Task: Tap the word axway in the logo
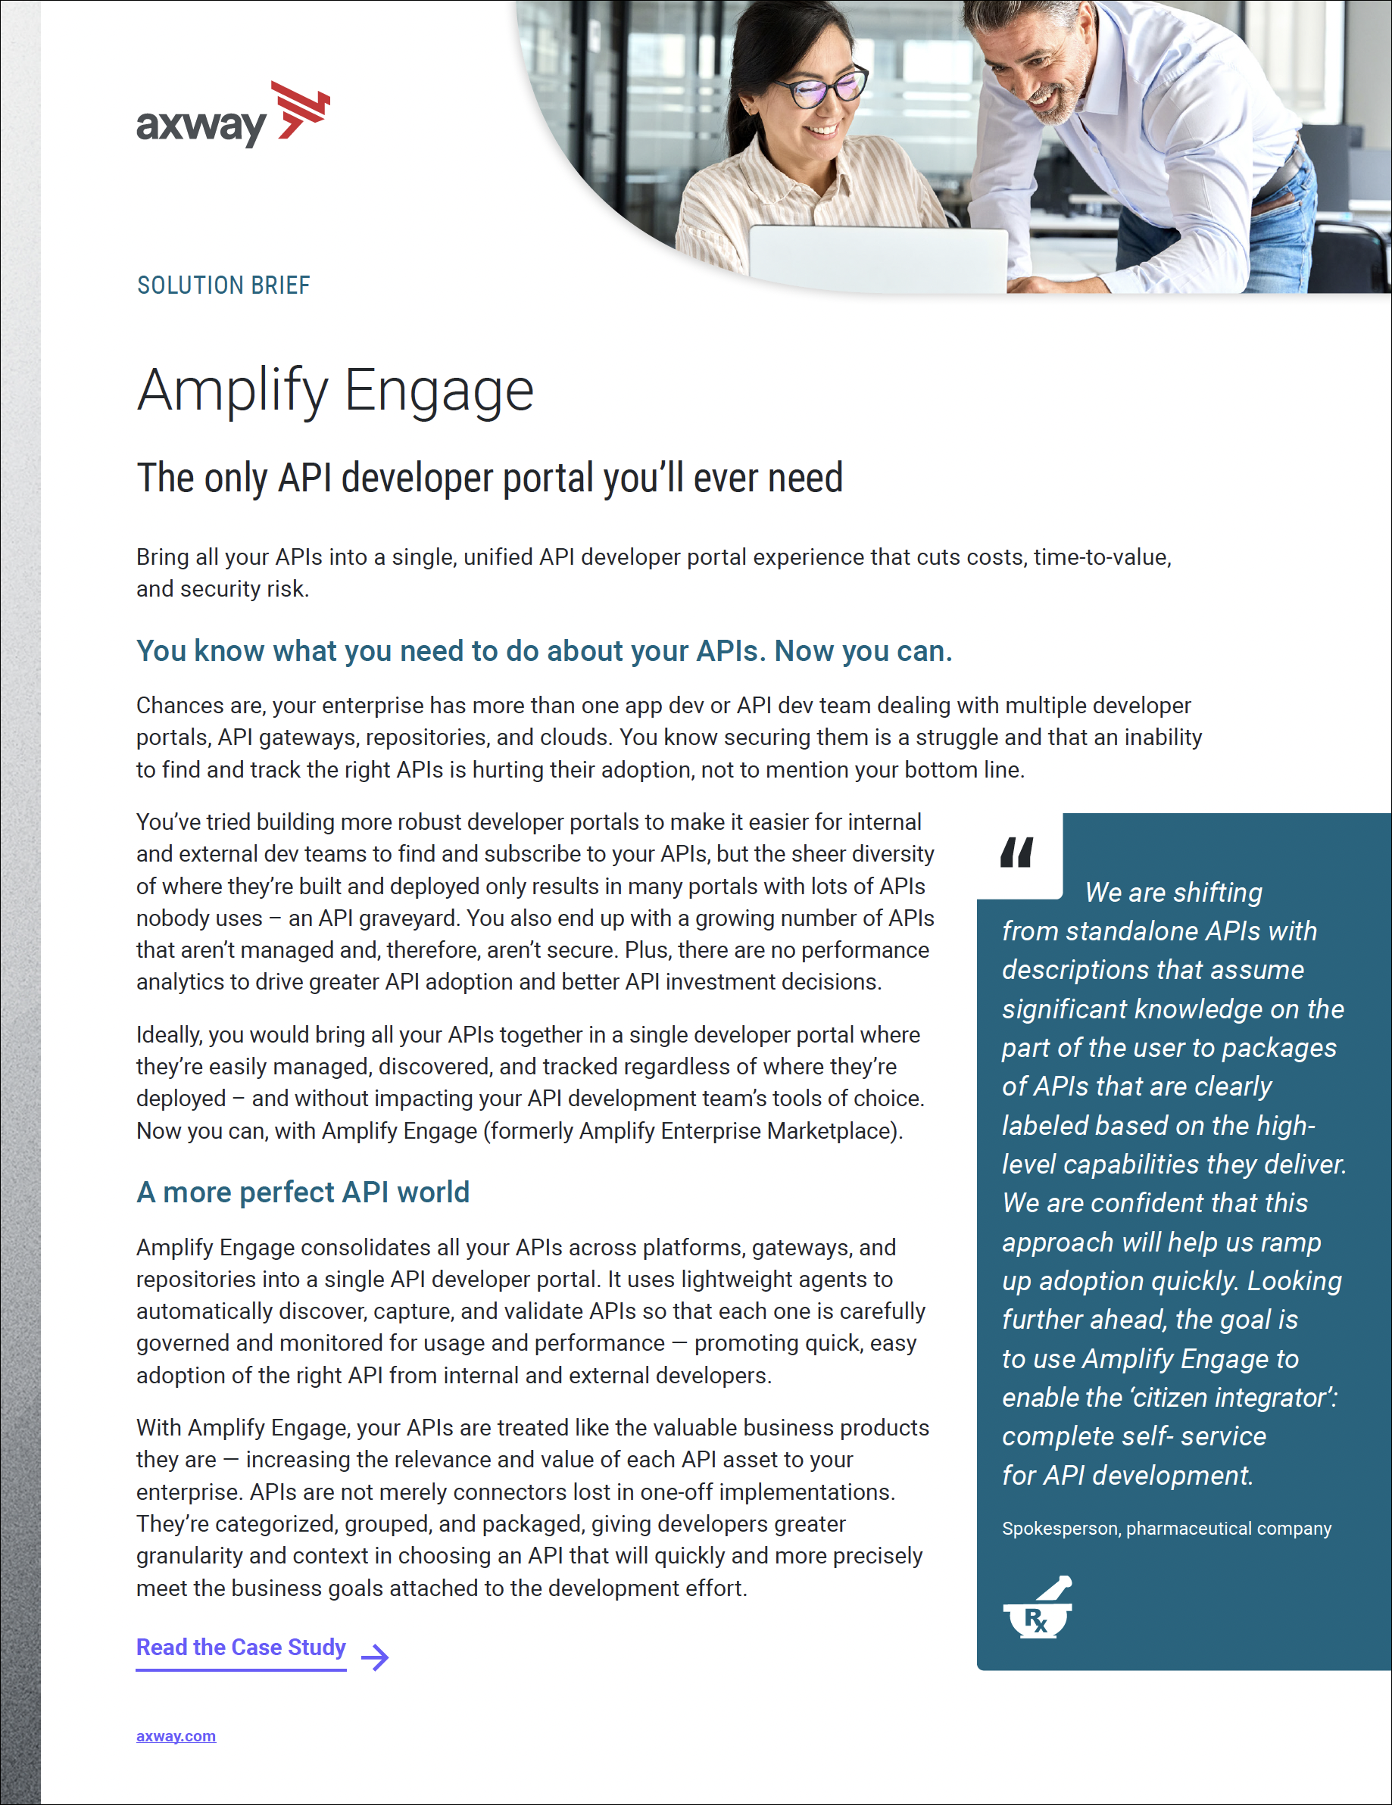[201, 126]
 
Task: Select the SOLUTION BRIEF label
[223, 285]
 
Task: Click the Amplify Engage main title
[335, 390]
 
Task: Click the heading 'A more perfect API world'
[302, 1192]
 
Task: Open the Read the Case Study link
[241, 1648]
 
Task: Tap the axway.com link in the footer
[176, 1735]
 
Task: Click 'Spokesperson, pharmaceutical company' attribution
[1166, 1528]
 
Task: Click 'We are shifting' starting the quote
[1173, 893]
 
